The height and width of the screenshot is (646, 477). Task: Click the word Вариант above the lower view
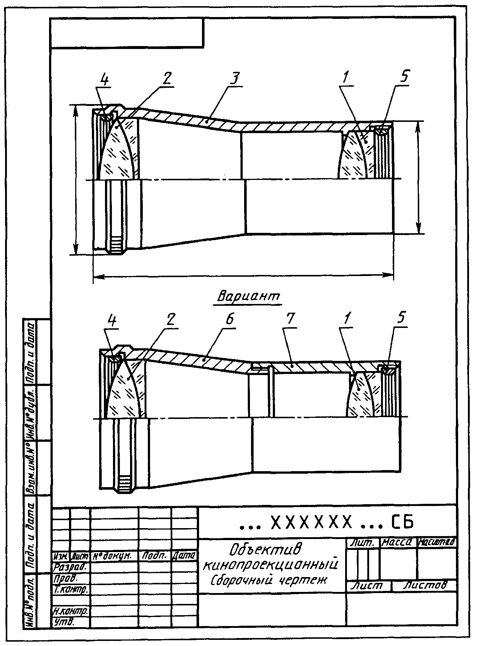[x=249, y=297]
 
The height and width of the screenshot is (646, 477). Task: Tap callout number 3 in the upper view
[x=236, y=78]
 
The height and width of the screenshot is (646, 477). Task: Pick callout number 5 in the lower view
[x=400, y=318]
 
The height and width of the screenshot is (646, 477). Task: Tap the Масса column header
[x=398, y=543]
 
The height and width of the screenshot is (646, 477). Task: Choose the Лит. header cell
[x=363, y=543]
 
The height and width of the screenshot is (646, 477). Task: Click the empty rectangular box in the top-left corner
[x=127, y=33]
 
